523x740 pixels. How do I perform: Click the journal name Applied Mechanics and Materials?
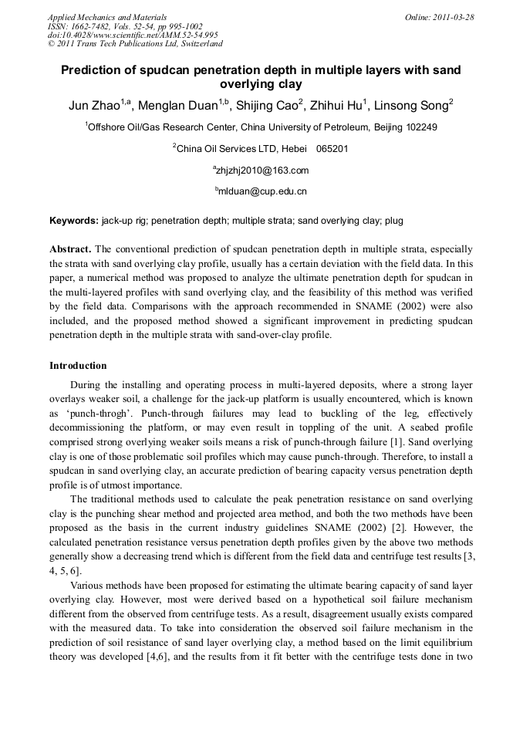(106, 17)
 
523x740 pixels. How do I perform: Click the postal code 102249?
(420, 127)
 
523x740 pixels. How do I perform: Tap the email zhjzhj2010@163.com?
(262, 171)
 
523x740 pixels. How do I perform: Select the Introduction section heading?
(78, 365)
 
